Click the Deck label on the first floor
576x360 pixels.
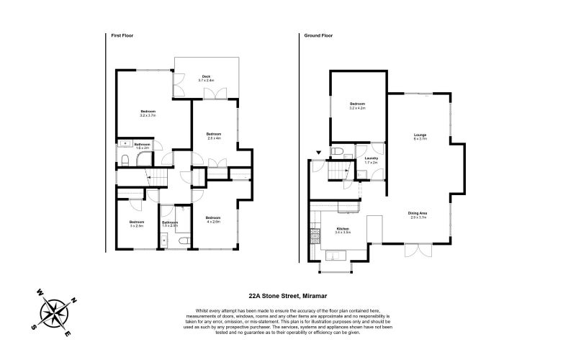(206, 78)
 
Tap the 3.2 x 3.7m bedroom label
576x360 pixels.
(148, 113)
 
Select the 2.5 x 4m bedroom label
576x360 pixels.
(214, 135)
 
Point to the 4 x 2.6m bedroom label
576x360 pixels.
(212, 220)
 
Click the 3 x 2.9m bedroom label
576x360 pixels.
(137, 224)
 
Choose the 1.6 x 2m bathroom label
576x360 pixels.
(141, 146)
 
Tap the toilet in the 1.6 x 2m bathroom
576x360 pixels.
(125, 159)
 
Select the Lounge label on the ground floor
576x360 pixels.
(420, 137)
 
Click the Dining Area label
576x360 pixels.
(418, 215)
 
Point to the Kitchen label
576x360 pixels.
(343, 230)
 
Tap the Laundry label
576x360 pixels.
(372, 161)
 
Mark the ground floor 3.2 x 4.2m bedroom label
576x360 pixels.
(357, 106)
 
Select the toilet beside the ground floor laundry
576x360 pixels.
(338, 151)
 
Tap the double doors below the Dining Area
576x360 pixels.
(415, 251)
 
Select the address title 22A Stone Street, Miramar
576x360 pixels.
(288, 294)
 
